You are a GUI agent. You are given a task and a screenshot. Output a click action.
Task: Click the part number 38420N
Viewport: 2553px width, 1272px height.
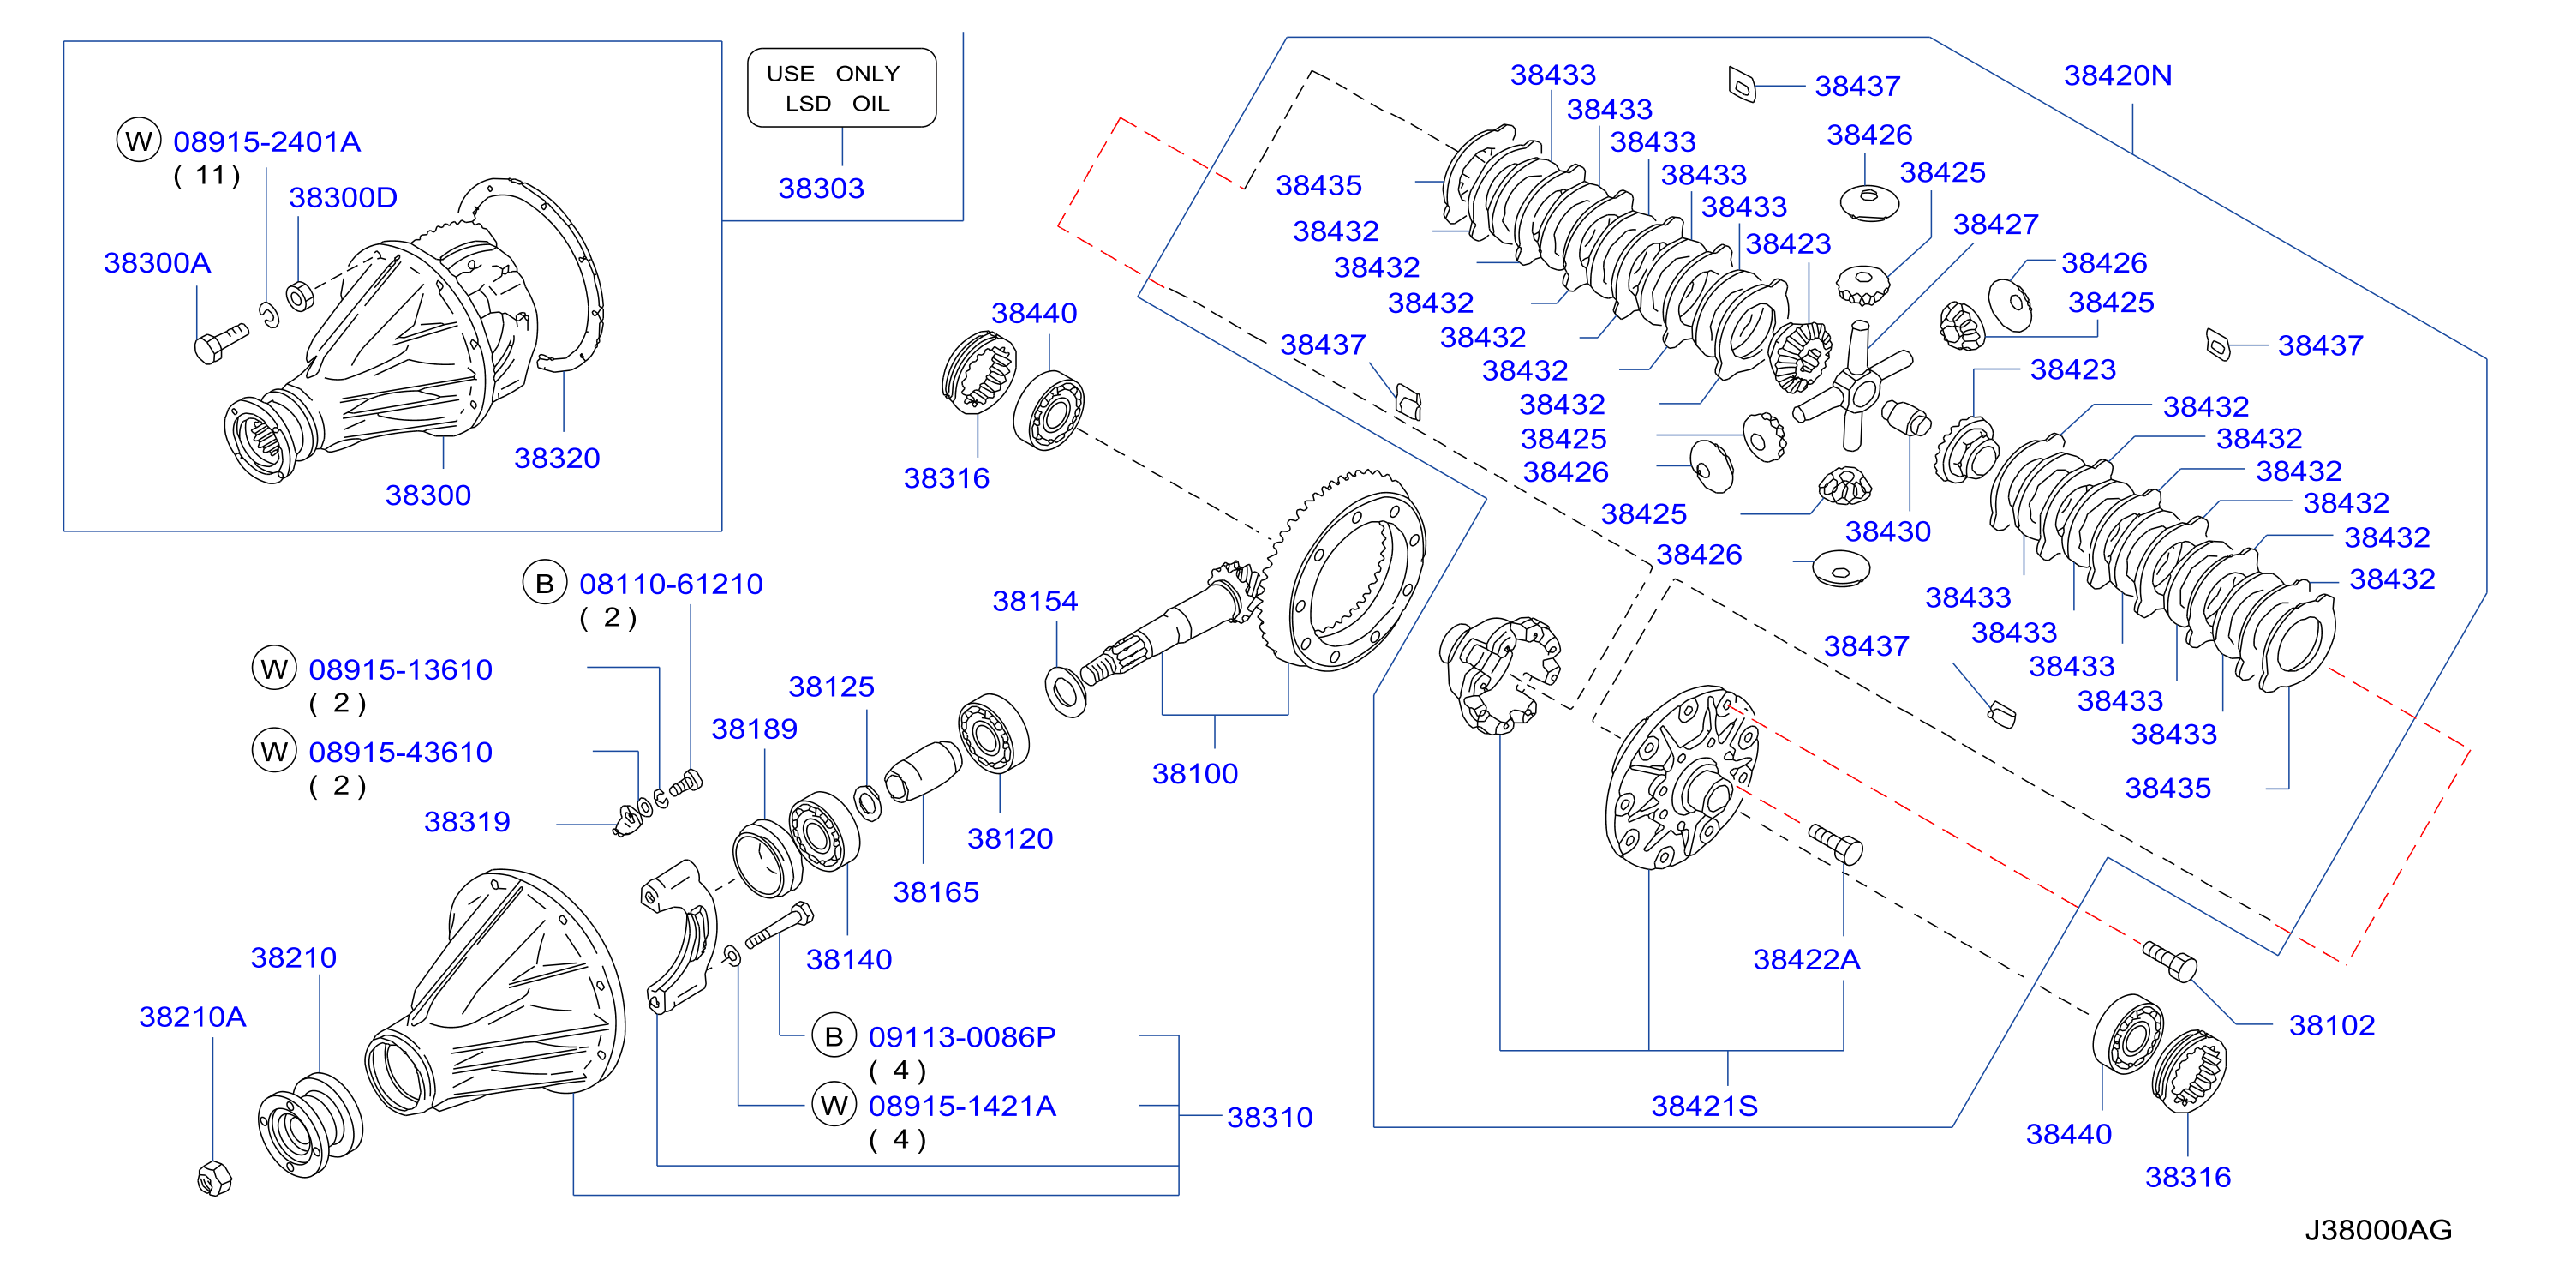pyautogui.click(x=2117, y=75)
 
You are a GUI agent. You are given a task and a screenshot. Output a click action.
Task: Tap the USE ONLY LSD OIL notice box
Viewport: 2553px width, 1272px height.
pyautogui.click(x=841, y=88)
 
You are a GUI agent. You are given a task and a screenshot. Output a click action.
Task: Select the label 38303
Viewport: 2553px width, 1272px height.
pyautogui.click(x=821, y=188)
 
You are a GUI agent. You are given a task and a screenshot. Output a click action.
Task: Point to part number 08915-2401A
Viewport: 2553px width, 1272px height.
pyautogui.click(x=266, y=141)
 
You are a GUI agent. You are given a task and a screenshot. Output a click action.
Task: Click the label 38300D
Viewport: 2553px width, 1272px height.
pyautogui.click(x=343, y=197)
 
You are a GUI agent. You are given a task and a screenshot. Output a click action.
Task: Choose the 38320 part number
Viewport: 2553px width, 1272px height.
pyautogui.click(x=557, y=458)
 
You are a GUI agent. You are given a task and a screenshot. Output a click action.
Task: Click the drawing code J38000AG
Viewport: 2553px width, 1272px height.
pyautogui.click(x=2377, y=1229)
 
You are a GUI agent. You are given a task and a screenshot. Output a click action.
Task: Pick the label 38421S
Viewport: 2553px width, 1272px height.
pyautogui.click(x=1705, y=1106)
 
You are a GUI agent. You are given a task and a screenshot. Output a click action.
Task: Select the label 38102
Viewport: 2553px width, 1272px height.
pyautogui.click(x=2332, y=1025)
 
